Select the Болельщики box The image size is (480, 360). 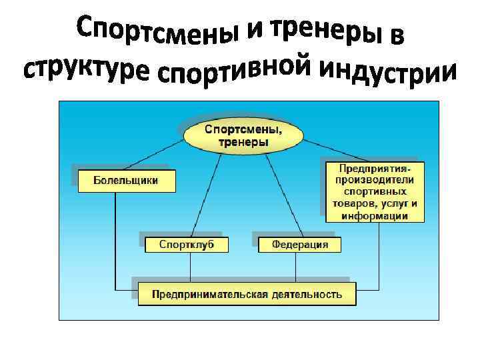point(127,181)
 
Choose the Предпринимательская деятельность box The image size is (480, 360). point(247,294)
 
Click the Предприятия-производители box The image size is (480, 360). point(375,191)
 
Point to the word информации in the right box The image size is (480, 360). point(375,215)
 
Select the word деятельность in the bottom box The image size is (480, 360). point(306,294)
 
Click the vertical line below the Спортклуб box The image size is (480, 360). point(191,267)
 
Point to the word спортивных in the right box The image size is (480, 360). point(375,191)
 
